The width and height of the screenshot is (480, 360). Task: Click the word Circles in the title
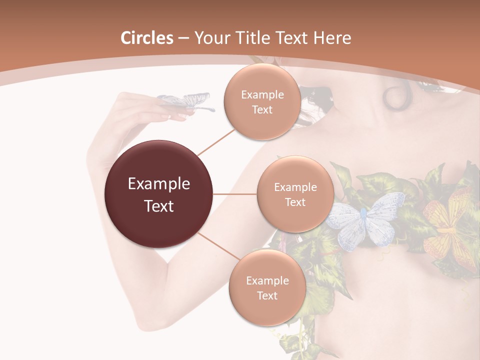(x=146, y=38)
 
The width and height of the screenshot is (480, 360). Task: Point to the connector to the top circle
(x=216, y=142)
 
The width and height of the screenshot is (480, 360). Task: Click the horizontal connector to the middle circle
(x=235, y=194)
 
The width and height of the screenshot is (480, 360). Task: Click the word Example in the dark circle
(x=158, y=184)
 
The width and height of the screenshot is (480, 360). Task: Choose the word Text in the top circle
(x=262, y=109)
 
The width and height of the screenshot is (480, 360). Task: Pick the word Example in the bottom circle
(x=267, y=280)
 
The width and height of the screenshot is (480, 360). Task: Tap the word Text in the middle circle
(x=295, y=202)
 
